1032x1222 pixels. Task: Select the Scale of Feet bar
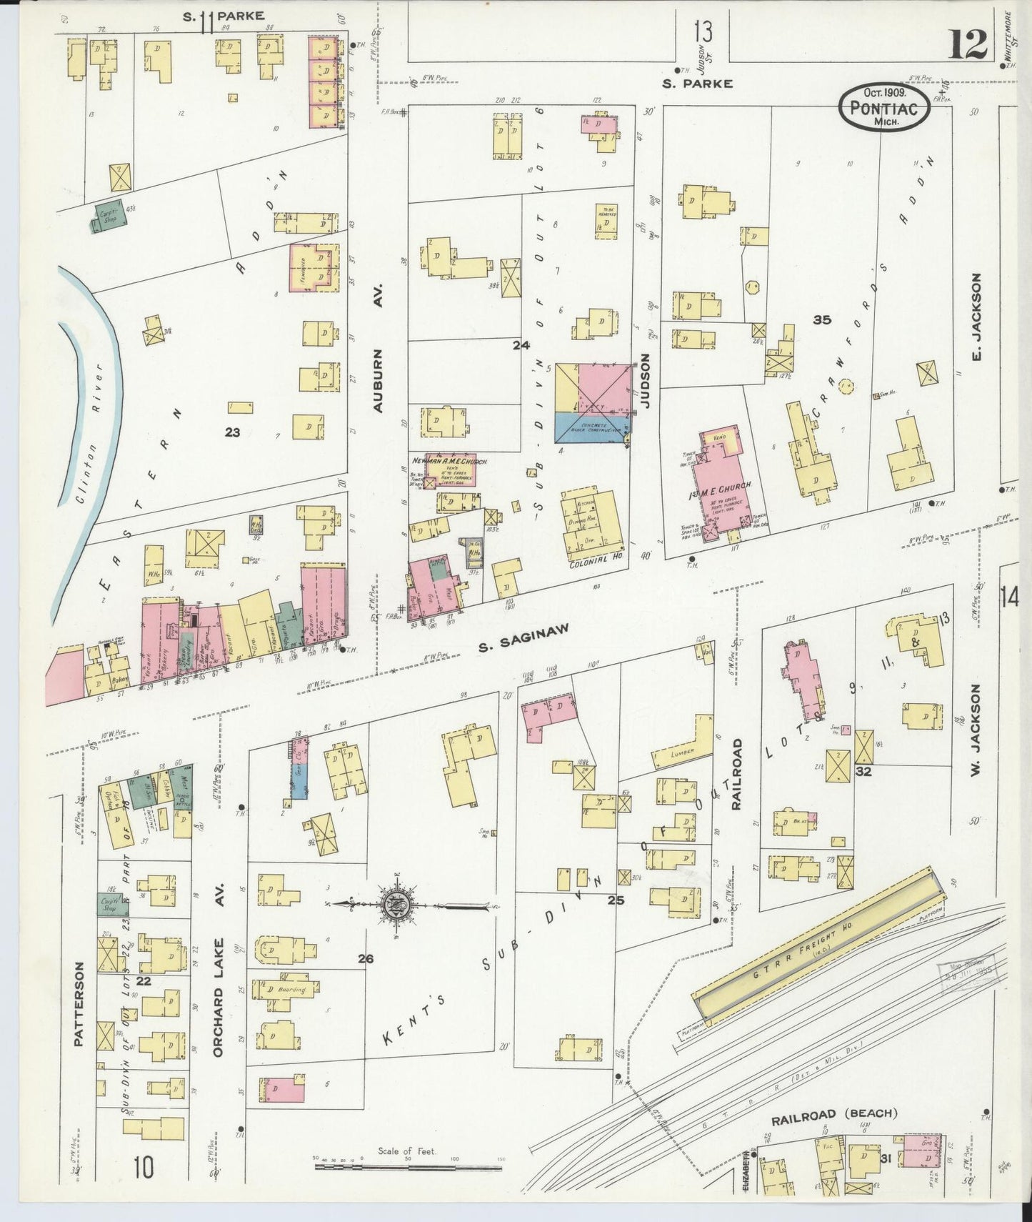coord(408,1167)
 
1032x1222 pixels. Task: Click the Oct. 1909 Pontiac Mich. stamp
coord(885,106)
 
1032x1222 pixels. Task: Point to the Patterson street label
coord(78,1003)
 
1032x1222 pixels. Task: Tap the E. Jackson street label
coord(978,317)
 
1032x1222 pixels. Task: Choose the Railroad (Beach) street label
coord(834,1113)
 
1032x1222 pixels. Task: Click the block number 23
coord(232,432)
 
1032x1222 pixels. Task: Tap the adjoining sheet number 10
coord(143,1168)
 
